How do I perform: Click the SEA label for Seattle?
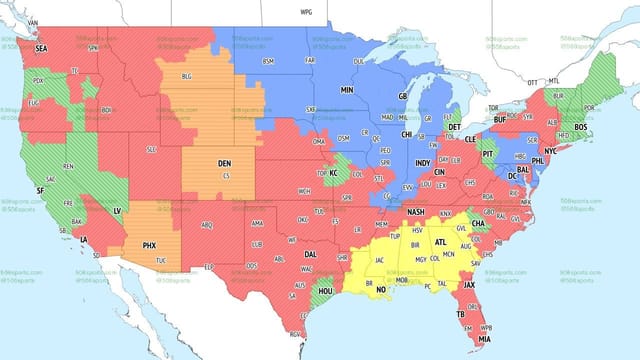41,47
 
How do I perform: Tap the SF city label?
40,190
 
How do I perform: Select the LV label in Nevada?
117,211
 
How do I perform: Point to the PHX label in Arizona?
150,245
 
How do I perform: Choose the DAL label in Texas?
311,254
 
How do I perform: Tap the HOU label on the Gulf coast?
325,291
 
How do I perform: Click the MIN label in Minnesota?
347,89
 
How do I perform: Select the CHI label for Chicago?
407,133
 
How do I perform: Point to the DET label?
454,127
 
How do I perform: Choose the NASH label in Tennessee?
416,212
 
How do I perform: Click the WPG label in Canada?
306,12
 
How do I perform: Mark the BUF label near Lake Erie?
501,119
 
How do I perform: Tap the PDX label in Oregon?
38,80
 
